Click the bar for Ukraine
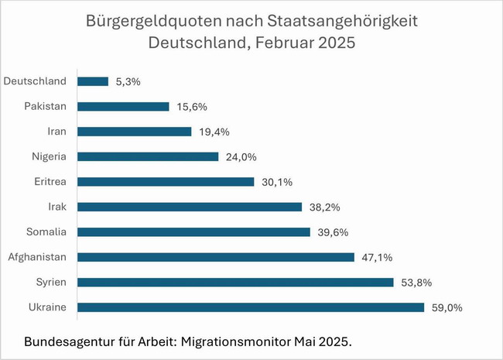click(251, 307)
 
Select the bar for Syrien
click(235, 282)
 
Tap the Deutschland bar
click(93, 81)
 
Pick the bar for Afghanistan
click(216, 257)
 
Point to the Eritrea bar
click(166, 181)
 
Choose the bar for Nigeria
click(148, 156)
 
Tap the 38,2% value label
click(323, 207)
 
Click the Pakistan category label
click(46, 106)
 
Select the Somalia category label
click(46, 231)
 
